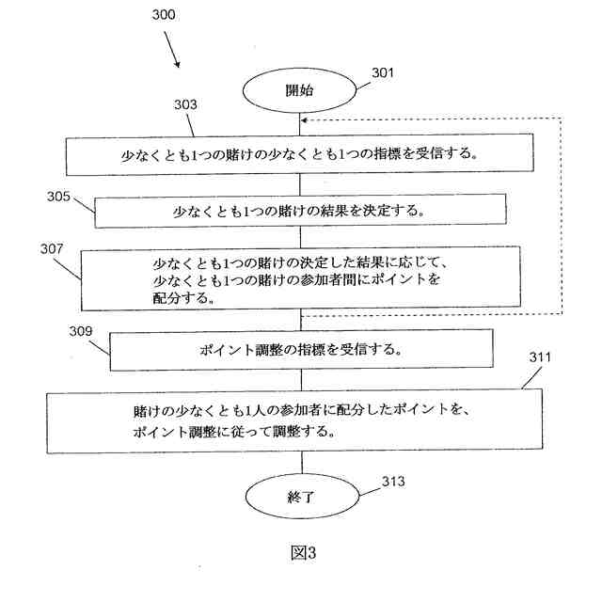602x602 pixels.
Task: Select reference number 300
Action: pyautogui.click(x=161, y=17)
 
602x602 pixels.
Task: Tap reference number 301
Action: pyautogui.click(x=383, y=72)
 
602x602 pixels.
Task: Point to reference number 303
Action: pyautogui.click(x=186, y=105)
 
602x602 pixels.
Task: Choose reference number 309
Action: pyautogui.click(x=83, y=331)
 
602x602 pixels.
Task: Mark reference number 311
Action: pyautogui.click(x=540, y=358)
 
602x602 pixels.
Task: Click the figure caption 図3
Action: pyautogui.click(x=302, y=553)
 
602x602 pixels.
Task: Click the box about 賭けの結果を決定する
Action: pyautogui.click(x=301, y=211)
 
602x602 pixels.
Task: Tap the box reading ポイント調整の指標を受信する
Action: pyautogui.click(x=302, y=349)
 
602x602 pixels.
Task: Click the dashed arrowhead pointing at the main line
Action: pyautogui.click(x=306, y=119)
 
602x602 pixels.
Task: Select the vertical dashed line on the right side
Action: pyautogui.click(x=562, y=216)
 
